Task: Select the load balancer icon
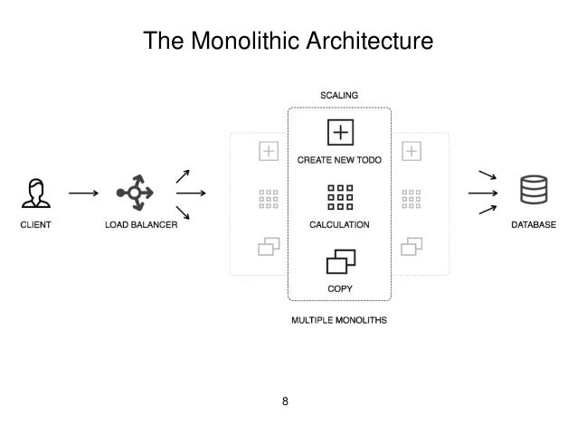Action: pos(133,193)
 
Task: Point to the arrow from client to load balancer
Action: pos(83,193)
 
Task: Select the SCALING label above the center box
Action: pos(340,95)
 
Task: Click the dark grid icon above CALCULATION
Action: pos(340,197)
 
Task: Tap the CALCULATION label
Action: pos(340,224)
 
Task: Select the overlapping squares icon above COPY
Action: pos(340,262)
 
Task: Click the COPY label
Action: pos(340,289)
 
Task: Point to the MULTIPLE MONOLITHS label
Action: pos(340,320)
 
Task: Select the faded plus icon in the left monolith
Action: pos(268,152)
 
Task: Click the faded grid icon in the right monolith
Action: pos(412,198)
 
